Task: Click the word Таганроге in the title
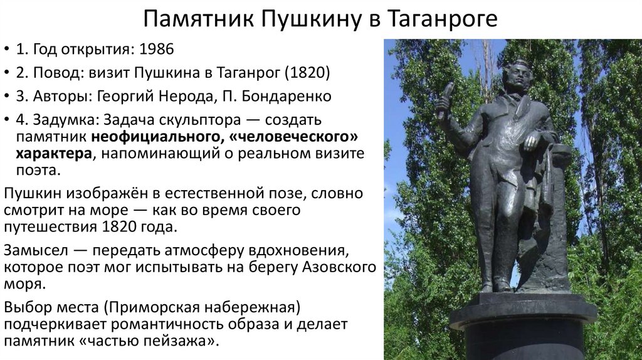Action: [438, 19]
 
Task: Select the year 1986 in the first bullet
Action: [156, 50]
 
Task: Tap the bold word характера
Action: [53, 154]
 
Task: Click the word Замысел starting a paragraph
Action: [36, 250]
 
